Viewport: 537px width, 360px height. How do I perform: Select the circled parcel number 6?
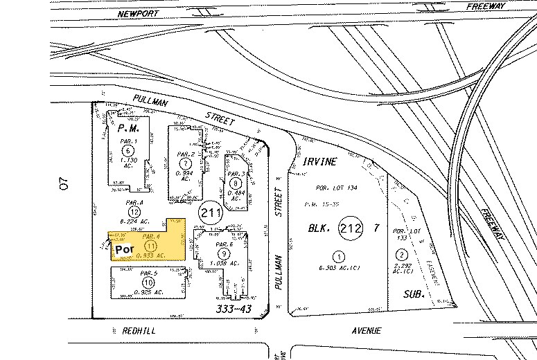coord(127,150)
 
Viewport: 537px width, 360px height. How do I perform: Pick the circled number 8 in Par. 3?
coord(236,183)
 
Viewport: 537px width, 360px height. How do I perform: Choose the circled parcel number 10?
coord(148,282)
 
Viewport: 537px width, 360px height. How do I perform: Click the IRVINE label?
coord(319,161)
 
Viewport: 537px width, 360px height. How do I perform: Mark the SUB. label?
coord(414,294)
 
